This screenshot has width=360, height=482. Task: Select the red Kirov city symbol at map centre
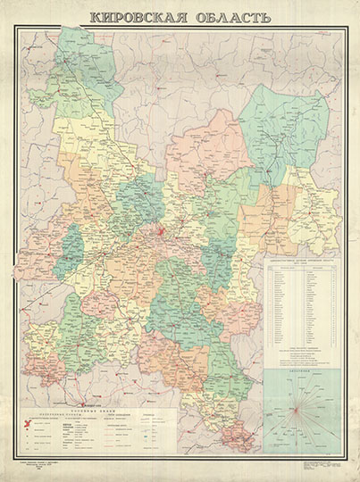pos(161,235)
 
